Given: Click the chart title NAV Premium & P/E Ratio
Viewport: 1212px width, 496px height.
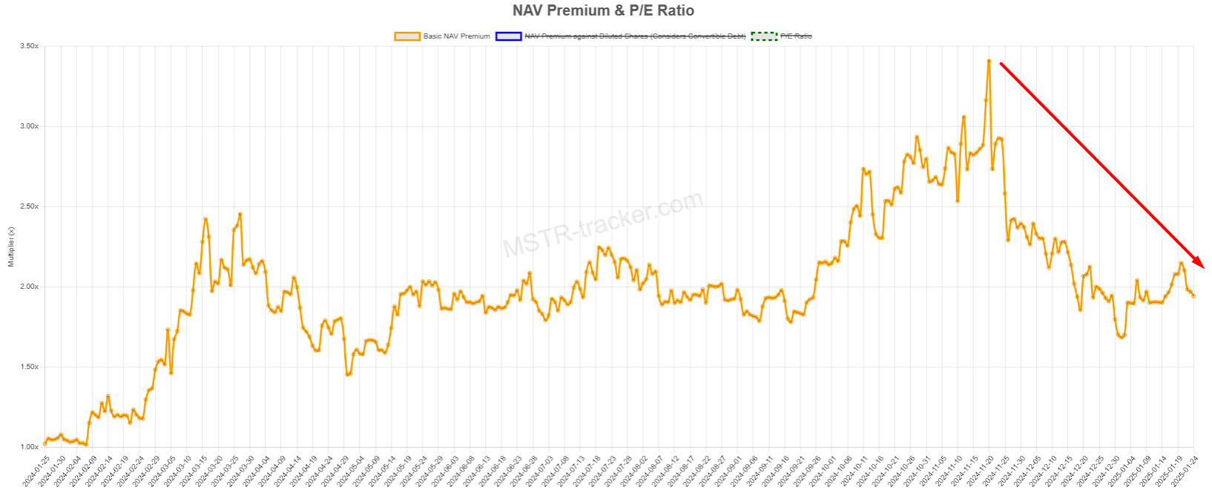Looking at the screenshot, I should (603, 10).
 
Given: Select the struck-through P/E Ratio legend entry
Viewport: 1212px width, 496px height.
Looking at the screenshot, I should (796, 36).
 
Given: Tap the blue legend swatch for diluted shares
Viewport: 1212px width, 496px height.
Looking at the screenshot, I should (509, 36).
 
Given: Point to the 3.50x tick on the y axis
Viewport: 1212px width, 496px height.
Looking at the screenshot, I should (29, 46).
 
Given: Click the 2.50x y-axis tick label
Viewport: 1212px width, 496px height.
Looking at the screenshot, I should (29, 206).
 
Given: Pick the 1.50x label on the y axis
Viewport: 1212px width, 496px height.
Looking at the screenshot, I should (29, 367).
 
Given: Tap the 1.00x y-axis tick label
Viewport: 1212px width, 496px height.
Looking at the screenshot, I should (29, 447).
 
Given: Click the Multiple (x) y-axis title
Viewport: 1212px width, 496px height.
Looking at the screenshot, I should (11, 247).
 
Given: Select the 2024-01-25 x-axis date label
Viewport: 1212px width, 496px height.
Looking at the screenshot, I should (36, 472).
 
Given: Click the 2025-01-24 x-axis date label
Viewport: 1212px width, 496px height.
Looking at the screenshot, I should (1184, 472).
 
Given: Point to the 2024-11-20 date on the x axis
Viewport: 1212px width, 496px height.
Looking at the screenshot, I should (979, 472).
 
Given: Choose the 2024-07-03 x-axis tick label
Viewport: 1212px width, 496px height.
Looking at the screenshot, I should (539, 472).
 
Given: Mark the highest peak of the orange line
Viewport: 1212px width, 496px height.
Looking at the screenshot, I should (989, 61).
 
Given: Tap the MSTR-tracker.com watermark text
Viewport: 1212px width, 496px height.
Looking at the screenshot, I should (602, 223).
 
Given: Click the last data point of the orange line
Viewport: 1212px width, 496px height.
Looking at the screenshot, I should (1193, 296).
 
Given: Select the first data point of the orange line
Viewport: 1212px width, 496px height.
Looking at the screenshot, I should (45, 443).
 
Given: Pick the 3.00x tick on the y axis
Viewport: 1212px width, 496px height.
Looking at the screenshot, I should (29, 126).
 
